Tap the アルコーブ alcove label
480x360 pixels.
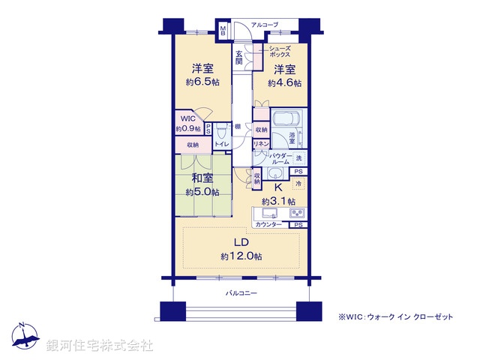[265, 25]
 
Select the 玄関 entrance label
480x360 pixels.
[238, 58]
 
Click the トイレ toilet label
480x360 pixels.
[221, 142]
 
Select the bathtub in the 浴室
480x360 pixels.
[285, 120]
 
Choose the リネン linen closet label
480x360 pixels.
[260, 143]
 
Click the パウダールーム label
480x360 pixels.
[275, 159]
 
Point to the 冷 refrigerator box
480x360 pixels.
[298, 184]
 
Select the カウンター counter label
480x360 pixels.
[268, 224]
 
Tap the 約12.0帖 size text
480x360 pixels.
[241, 256]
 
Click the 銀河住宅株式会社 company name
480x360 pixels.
[100, 346]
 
